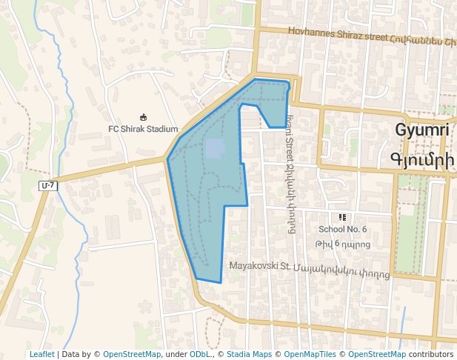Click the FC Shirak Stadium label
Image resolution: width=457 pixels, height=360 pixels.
click(x=143, y=129)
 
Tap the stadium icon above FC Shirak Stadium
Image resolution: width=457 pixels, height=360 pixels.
click(x=143, y=117)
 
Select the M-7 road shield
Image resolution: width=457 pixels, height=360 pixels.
click(x=48, y=184)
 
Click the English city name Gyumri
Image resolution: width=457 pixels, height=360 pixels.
click(x=423, y=130)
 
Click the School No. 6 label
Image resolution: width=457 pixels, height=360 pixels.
click(x=342, y=229)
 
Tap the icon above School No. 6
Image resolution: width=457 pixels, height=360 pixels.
click(x=342, y=217)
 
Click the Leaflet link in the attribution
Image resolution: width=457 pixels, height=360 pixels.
click(x=41, y=355)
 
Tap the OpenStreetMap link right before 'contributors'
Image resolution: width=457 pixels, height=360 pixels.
click(x=377, y=355)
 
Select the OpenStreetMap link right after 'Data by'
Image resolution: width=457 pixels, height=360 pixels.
click(x=132, y=355)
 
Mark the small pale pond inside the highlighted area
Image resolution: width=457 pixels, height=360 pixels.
click(x=215, y=150)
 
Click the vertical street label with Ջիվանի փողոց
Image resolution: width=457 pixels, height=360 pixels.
click(x=290, y=178)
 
